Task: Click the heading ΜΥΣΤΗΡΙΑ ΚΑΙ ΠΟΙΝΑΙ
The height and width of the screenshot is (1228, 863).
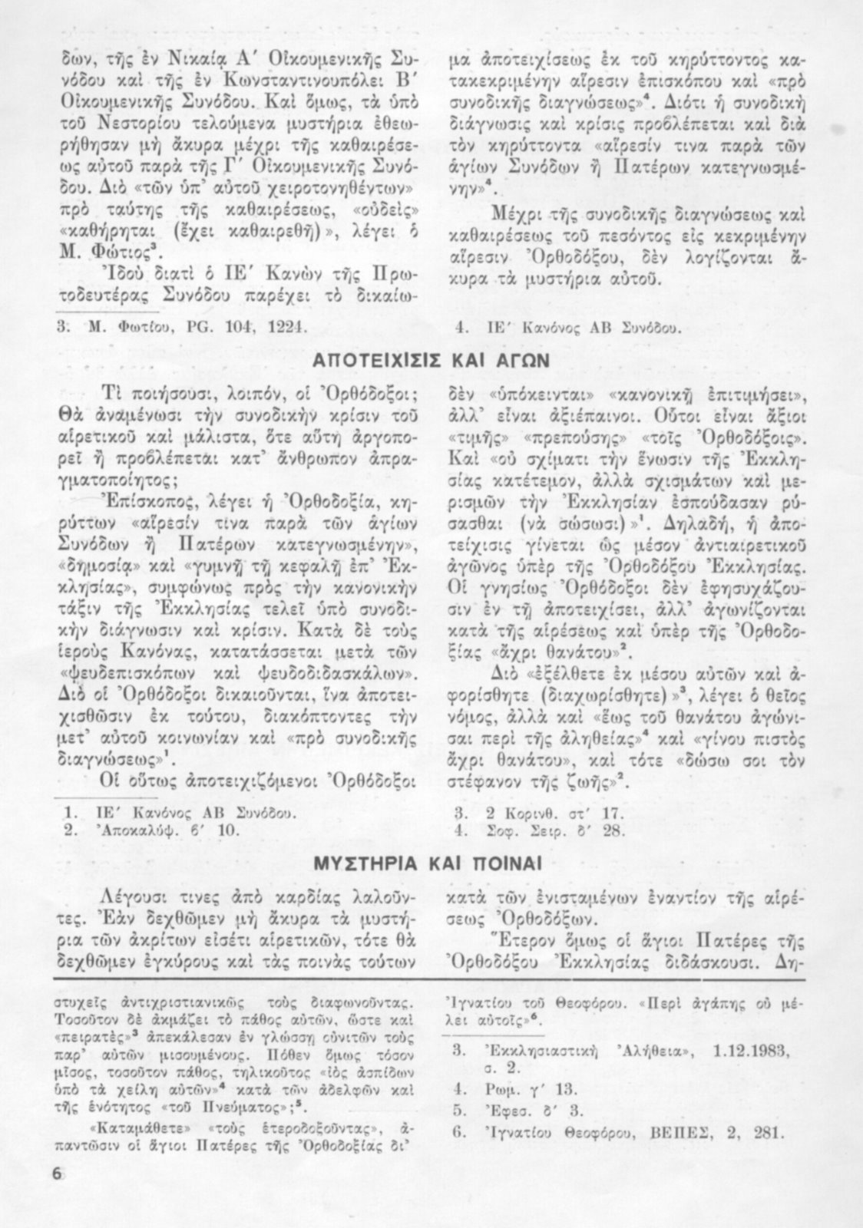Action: click(430, 862)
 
